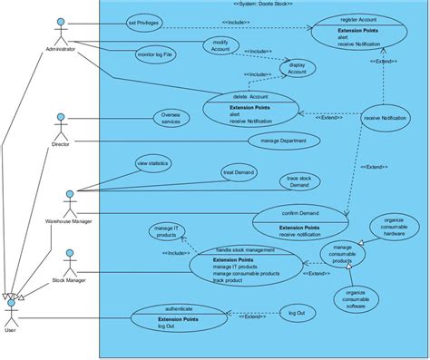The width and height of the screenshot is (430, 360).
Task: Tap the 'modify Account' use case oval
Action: pos(220,47)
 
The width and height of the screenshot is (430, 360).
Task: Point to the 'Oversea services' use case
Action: pos(171,118)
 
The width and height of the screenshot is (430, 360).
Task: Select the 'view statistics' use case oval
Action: pos(151,164)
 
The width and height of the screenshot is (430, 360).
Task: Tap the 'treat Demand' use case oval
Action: pos(239,171)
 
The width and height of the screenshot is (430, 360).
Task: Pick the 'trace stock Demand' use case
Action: pos(298,180)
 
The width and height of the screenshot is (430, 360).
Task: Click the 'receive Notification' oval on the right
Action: pos(385,118)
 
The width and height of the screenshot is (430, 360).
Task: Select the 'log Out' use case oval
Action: pos(297,313)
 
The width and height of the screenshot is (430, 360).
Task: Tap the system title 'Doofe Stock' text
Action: pos(262,5)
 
